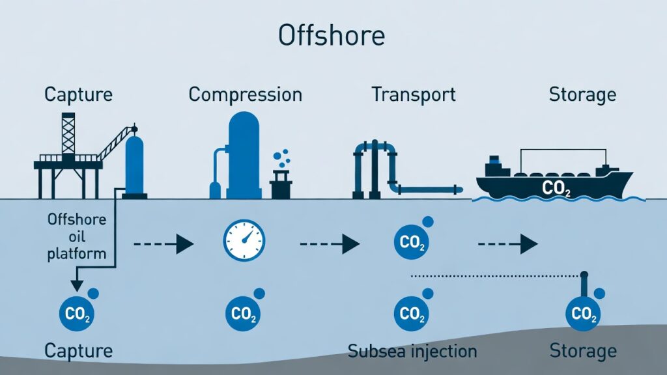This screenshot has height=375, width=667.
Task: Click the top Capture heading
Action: click(x=78, y=94)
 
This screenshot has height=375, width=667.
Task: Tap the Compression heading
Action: click(x=245, y=94)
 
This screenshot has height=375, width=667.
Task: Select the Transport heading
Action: click(x=414, y=94)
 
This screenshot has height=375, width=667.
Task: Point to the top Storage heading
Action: click(x=582, y=94)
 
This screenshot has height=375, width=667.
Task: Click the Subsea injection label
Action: click(x=412, y=352)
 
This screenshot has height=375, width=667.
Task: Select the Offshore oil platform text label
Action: click(x=76, y=236)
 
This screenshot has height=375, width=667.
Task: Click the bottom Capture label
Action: click(x=78, y=352)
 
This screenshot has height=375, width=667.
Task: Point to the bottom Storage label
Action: click(x=582, y=352)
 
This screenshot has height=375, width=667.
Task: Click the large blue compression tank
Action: click(x=244, y=154)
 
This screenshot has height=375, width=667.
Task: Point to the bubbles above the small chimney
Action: click(x=281, y=158)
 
